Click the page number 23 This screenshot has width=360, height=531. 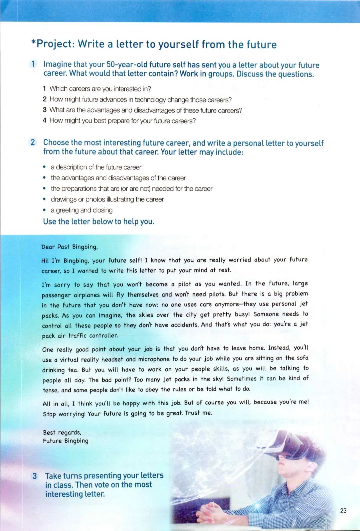click(x=343, y=510)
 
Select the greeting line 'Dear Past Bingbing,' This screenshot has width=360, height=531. click(x=69, y=247)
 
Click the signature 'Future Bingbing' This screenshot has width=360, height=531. click(x=66, y=441)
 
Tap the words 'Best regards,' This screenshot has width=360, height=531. click(x=62, y=432)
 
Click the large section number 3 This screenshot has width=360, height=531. click(x=34, y=476)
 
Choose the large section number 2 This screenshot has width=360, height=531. click(x=33, y=142)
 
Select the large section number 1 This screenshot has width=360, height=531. click(x=33, y=64)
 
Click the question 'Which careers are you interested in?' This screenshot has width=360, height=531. click(x=100, y=89)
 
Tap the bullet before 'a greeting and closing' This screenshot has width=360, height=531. click(x=44, y=210)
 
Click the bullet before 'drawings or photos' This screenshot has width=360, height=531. click(x=44, y=199)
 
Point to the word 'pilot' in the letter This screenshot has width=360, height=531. click(x=185, y=284)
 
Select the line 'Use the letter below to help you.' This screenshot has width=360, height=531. click(x=99, y=221)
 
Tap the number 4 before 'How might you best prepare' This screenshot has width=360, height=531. click(x=44, y=120)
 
